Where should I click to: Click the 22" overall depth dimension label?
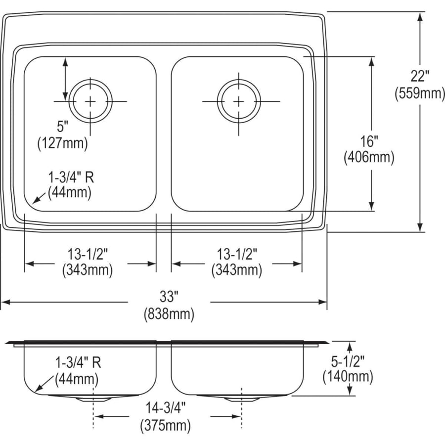click(420, 77)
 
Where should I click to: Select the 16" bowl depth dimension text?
click(369, 141)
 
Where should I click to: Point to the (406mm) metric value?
click(369, 158)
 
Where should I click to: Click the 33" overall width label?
click(169, 297)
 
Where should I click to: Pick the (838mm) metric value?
click(169, 313)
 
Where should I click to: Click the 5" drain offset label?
click(62, 127)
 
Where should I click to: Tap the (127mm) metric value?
click(62, 143)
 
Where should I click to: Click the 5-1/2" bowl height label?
click(348, 360)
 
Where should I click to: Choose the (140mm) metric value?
click(348, 377)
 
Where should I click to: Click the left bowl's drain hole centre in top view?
click(90, 101)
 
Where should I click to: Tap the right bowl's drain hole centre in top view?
click(239, 101)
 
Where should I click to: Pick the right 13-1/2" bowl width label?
click(237, 254)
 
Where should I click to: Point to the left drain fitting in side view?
click(92, 398)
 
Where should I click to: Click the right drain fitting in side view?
click(241, 398)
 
